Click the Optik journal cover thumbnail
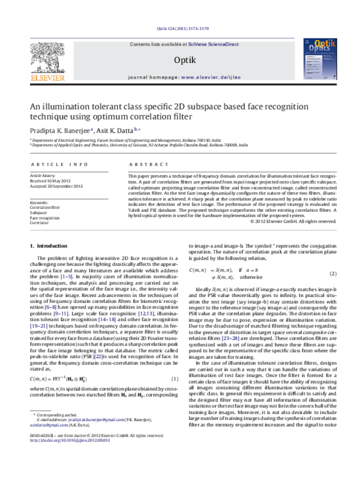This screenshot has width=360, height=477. [316, 60]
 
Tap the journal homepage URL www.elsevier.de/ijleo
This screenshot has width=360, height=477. [209, 79]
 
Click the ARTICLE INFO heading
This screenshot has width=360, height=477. [58, 164]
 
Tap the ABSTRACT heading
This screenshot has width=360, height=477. [146, 164]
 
